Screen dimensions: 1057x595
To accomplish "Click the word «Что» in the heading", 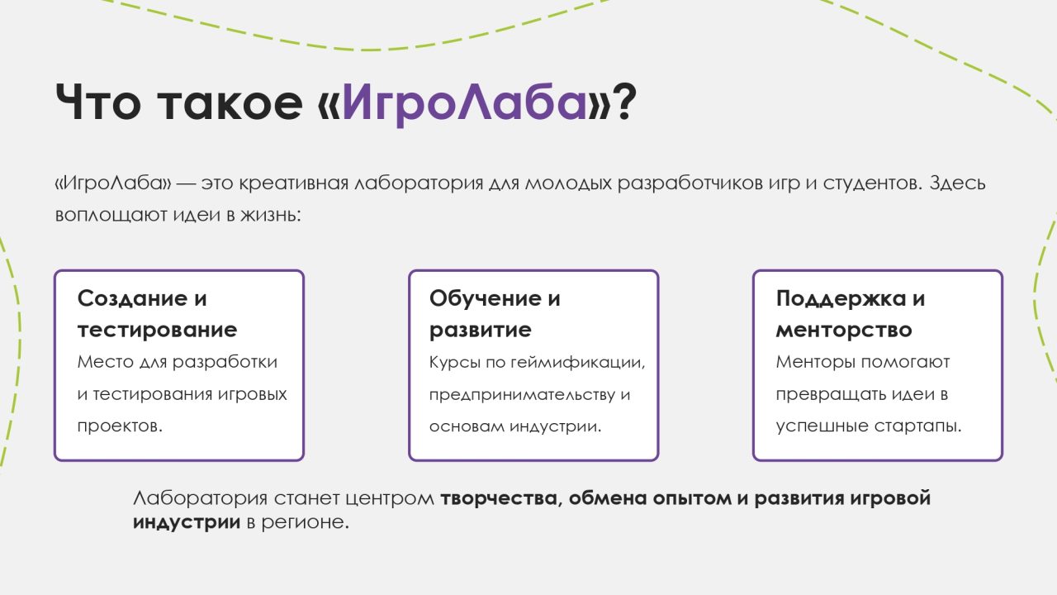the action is click(x=97, y=102).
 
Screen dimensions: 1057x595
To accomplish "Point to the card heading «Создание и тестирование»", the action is click(x=158, y=313).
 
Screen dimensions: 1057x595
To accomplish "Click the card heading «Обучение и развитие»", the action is click(x=495, y=313).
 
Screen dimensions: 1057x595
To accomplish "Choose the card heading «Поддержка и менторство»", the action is click(x=851, y=313).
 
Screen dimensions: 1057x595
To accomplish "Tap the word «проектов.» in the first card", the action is click(x=120, y=426).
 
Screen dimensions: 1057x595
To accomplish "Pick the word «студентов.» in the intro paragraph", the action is click(x=873, y=183).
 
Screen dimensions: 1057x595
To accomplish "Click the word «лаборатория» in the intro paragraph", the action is click(x=419, y=183).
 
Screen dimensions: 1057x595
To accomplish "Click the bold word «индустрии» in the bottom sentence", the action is click(x=187, y=522).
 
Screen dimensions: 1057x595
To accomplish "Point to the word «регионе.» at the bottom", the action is click(x=306, y=523).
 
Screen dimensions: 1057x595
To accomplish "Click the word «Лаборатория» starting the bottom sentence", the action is click(x=201, y=499).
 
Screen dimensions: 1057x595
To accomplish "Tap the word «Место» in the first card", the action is click(x=105, y=362).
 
